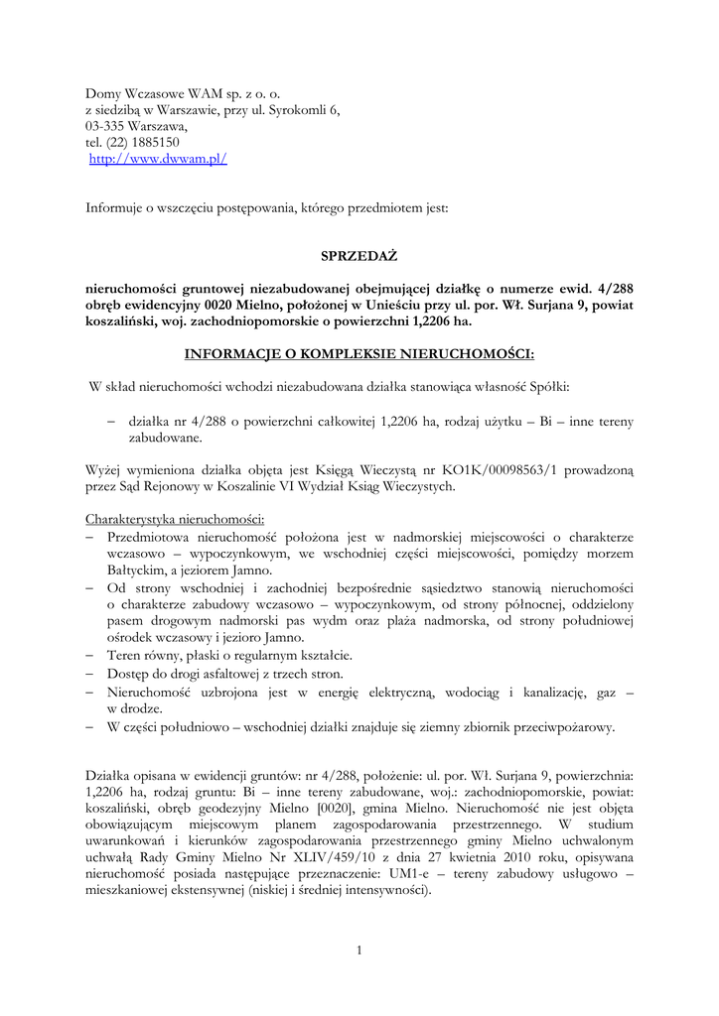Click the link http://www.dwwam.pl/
coord(159,159)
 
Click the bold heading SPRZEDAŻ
coord(359,255)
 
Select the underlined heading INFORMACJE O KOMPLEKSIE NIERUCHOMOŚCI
coord(359,354)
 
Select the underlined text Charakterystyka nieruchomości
coord(175,519)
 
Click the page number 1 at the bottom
coord(359,951)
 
